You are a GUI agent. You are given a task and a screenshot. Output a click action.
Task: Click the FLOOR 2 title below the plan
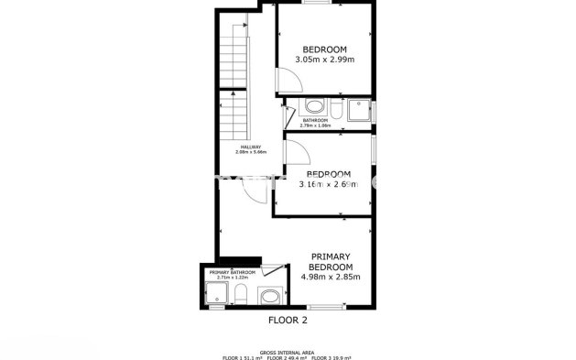tap(288, 322)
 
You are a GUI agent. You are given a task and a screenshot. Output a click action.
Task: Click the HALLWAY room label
tap(251, 147)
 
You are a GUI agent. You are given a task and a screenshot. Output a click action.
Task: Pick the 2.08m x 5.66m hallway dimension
tap(251, 153)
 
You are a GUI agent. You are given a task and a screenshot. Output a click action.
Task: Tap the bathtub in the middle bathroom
tap(314, 106)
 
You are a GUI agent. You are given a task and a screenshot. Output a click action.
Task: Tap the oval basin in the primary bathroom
tap(269, 296)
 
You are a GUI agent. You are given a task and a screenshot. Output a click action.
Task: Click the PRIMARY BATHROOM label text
tap(232, 272)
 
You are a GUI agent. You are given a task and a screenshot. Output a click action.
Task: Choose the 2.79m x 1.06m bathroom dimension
tap(316, 125)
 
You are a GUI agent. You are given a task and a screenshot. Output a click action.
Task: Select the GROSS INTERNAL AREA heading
tap(288, 351)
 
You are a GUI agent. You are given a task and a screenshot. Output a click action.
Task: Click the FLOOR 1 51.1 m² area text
tap(242, 356)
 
